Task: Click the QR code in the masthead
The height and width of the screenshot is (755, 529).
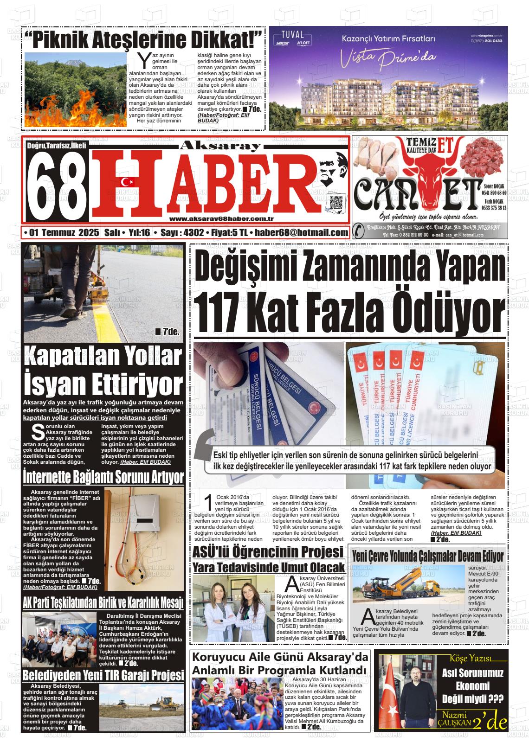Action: (335, 203)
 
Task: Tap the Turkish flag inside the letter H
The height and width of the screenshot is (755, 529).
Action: (127, 182)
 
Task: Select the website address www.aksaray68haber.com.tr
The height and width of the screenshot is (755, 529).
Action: (221, 219)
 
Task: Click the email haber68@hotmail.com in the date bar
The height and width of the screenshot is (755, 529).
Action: (302, 233)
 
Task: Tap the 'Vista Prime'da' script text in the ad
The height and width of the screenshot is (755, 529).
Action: (389, 59)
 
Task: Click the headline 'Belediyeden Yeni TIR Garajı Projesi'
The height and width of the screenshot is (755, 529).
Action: (103, 675)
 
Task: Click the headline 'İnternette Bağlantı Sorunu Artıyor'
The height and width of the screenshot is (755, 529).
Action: (103, 477)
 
